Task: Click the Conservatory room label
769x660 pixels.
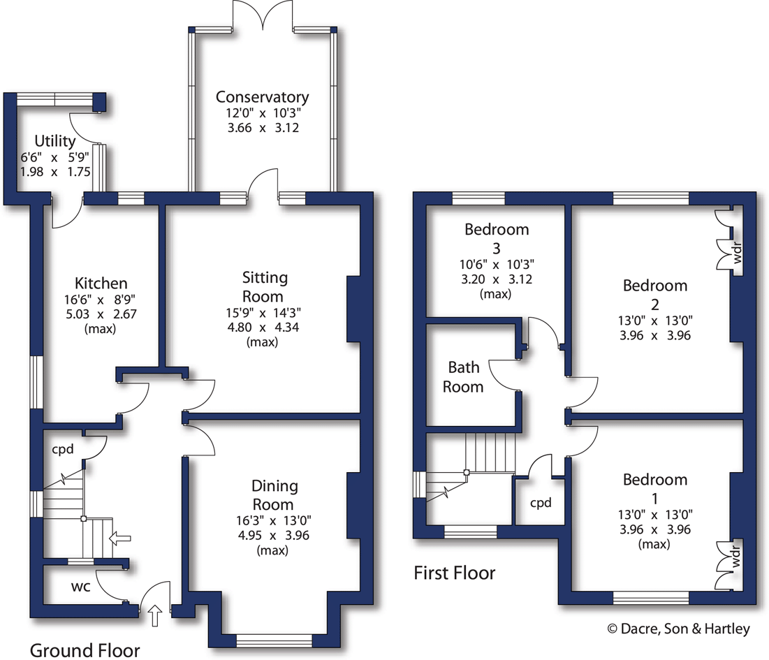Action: coord(262,97)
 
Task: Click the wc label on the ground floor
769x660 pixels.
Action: coord(81,587)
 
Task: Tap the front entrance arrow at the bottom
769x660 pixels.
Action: coord(155,616)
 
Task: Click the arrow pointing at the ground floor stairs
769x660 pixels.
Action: coord(120,538)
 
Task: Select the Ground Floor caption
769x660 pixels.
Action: coord(85,650)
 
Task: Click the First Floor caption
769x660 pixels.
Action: coord(455,573)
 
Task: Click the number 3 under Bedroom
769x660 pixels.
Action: coord(497,247)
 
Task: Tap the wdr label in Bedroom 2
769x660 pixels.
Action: coord(737,255)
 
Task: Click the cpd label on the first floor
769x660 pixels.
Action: coord(541,503)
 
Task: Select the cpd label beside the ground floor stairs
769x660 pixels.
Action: coord(63,449)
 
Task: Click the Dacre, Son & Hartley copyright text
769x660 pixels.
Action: coord(678,629)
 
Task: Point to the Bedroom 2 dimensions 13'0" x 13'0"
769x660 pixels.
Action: coord(655,321)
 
